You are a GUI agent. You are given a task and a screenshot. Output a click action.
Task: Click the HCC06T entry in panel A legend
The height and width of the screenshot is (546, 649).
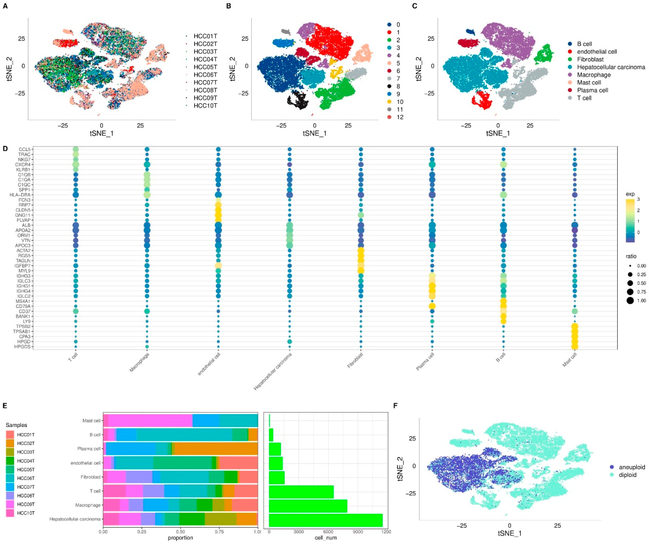(x=205, y=75)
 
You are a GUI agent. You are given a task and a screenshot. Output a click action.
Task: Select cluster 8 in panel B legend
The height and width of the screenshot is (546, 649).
(x=398, y=86)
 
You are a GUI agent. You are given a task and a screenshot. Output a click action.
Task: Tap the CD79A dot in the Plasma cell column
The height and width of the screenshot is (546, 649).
(x=432, y=306)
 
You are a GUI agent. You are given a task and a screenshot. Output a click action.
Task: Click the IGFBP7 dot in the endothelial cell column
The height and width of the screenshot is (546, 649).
(x=218, y=266)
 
